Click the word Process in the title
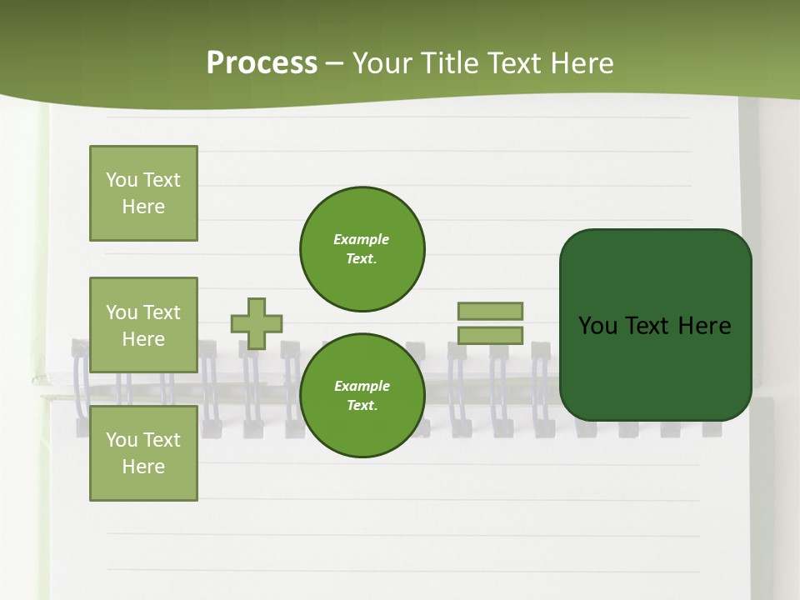(x=262, y=63)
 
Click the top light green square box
(x=143, y=193)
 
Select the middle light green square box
(x=143, y=325)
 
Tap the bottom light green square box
(x=143, y=453)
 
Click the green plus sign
(x=257, y=323)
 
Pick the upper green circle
(x=362, y=249)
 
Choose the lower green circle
(x=362, y=396)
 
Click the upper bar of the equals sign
(x=490, y=311)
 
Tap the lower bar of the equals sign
(x=490, y=336)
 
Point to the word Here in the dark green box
(x=704, y=326)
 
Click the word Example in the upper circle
(x=362, y=240)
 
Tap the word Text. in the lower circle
(x=362, y=406)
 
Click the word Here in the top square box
(x=143, y=207)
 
